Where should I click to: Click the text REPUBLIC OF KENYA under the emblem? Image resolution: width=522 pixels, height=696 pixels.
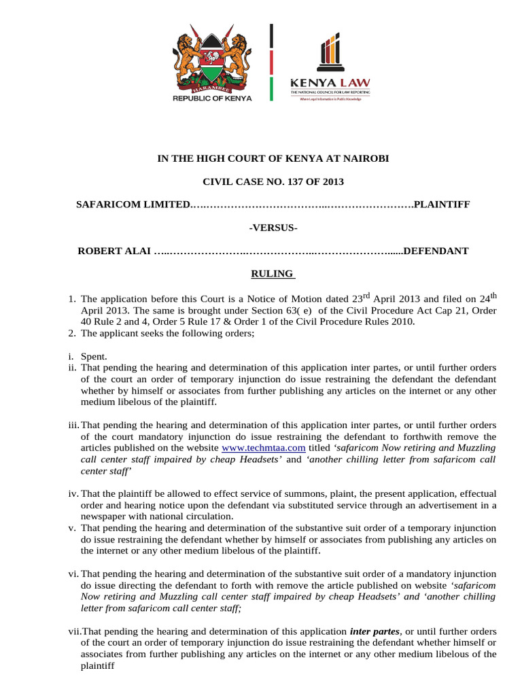pos(212,98)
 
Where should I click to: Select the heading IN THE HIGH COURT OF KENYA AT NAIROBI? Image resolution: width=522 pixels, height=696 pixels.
pos(273,158)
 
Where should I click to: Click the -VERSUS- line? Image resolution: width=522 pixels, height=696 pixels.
pos(273,227)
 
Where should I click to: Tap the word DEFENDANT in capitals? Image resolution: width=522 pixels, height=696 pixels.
pos(436,251)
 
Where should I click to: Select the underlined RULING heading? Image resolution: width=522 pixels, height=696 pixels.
pos(268,274)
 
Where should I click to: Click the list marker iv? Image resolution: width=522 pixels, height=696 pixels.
pos(72,493)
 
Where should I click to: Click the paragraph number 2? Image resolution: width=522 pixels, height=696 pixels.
pos(71,333)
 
